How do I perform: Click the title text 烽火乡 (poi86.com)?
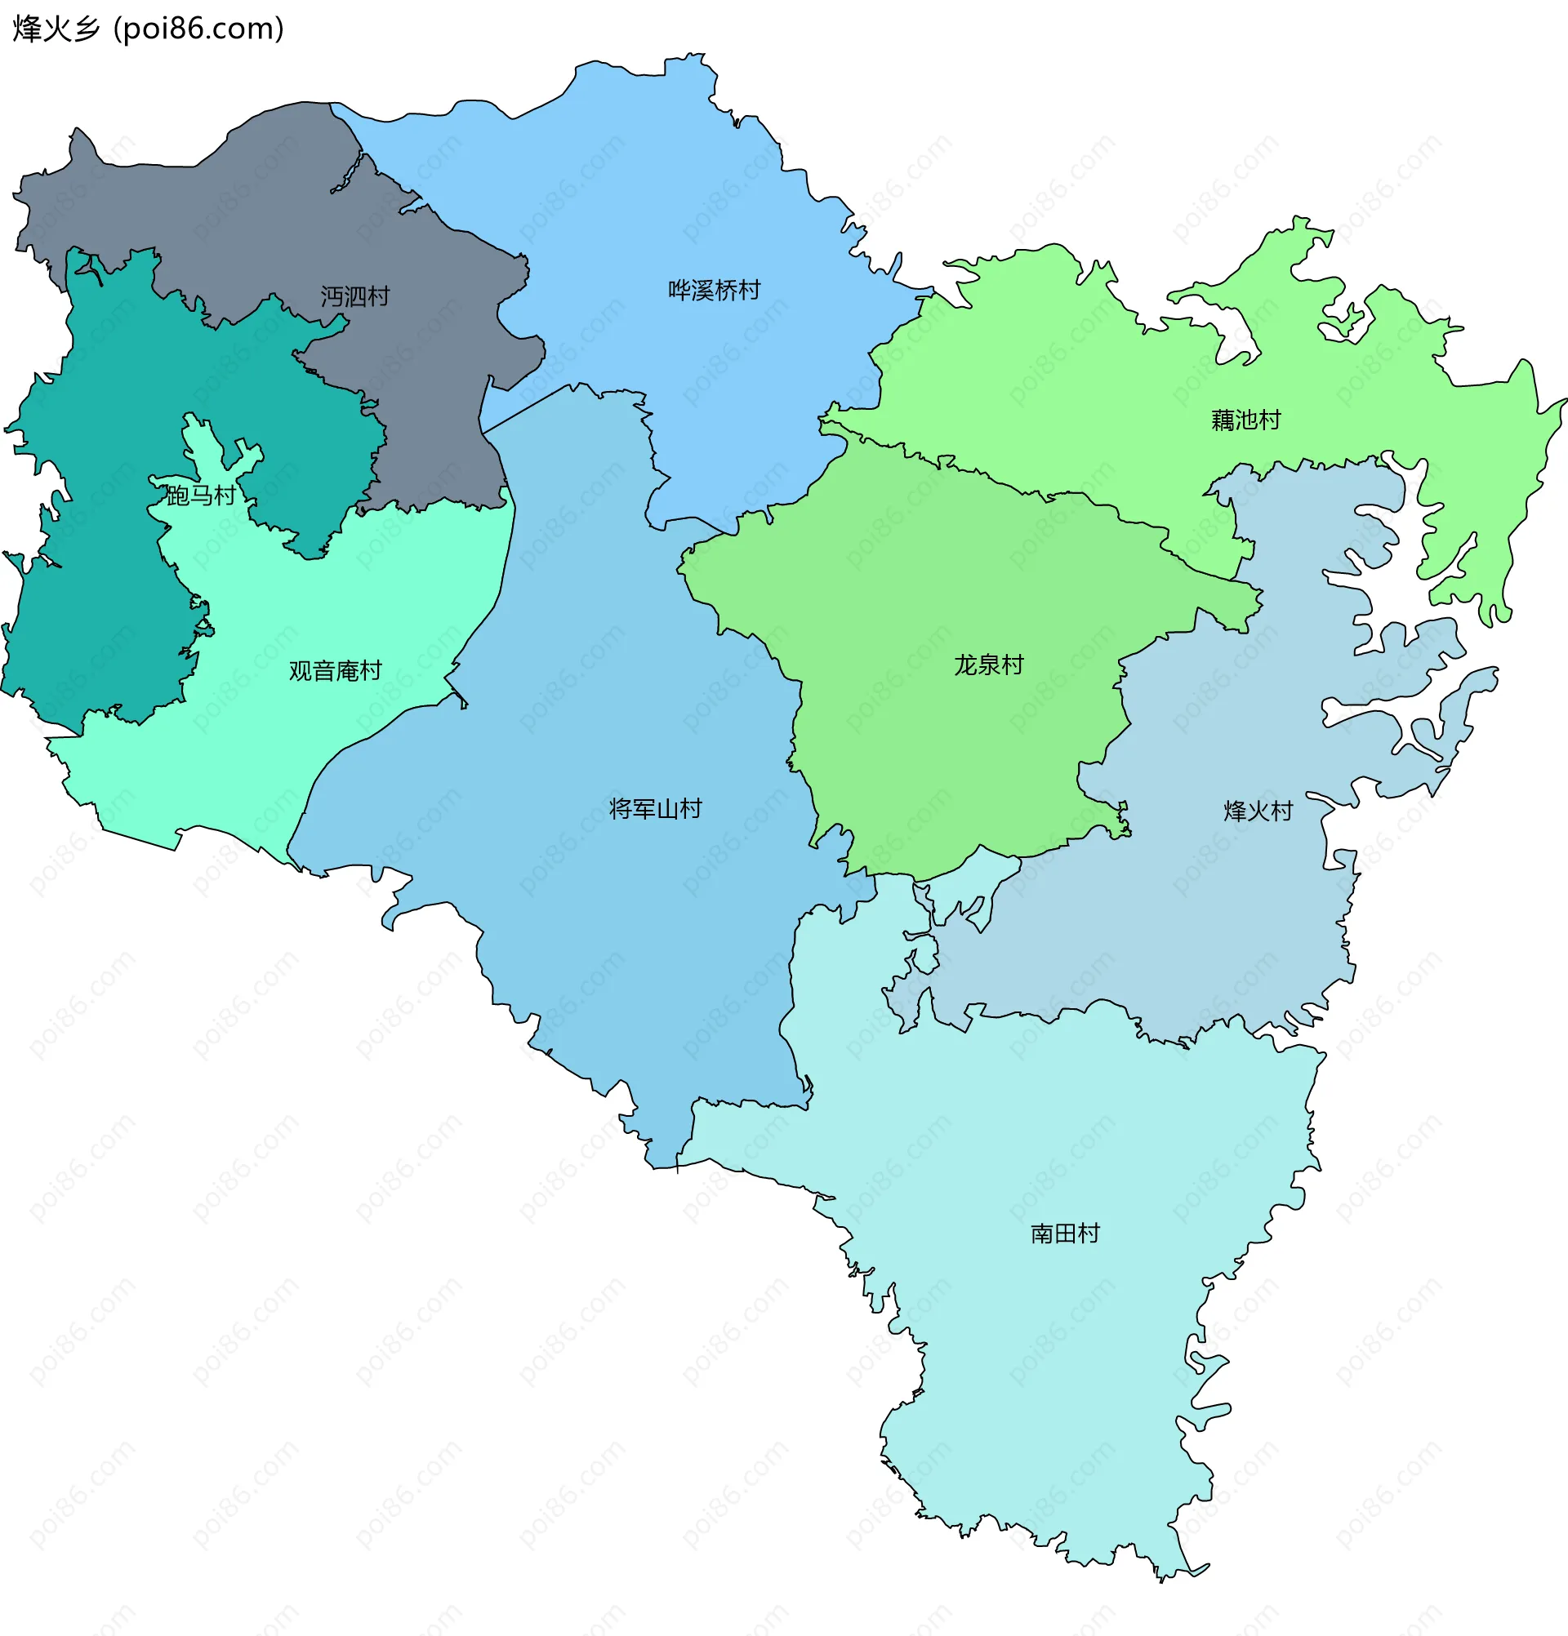coord(149,29)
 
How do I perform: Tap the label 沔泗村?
coord(355,296)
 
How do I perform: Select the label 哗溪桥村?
coord(714,291)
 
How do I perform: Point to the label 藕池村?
coord(1245,420)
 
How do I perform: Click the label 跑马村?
coord(200,496)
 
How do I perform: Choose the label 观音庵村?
coord(335,670)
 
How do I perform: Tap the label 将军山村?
coord(656,809)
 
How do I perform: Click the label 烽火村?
coord(1258,811)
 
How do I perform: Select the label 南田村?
coord(1065,1234)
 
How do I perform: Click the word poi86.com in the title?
coord(198,29)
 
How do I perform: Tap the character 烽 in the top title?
coord(27,29)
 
